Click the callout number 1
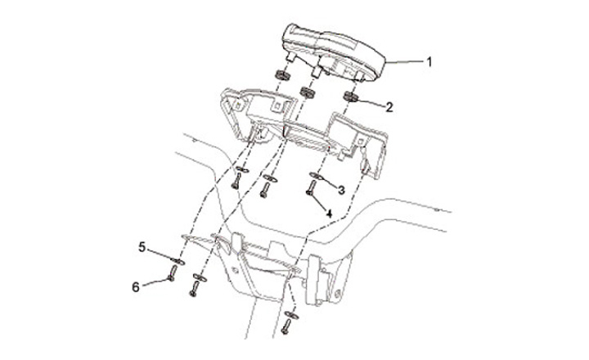pos(430,61)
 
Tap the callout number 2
pos(389,106)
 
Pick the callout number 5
pos(141,245)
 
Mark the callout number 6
pos(136,286)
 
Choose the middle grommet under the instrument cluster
pos(309,89)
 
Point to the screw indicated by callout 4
pos(312,191)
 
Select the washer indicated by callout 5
pos(178,259)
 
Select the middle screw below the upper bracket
pos(264,191)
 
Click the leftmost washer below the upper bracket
pos(240,169)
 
